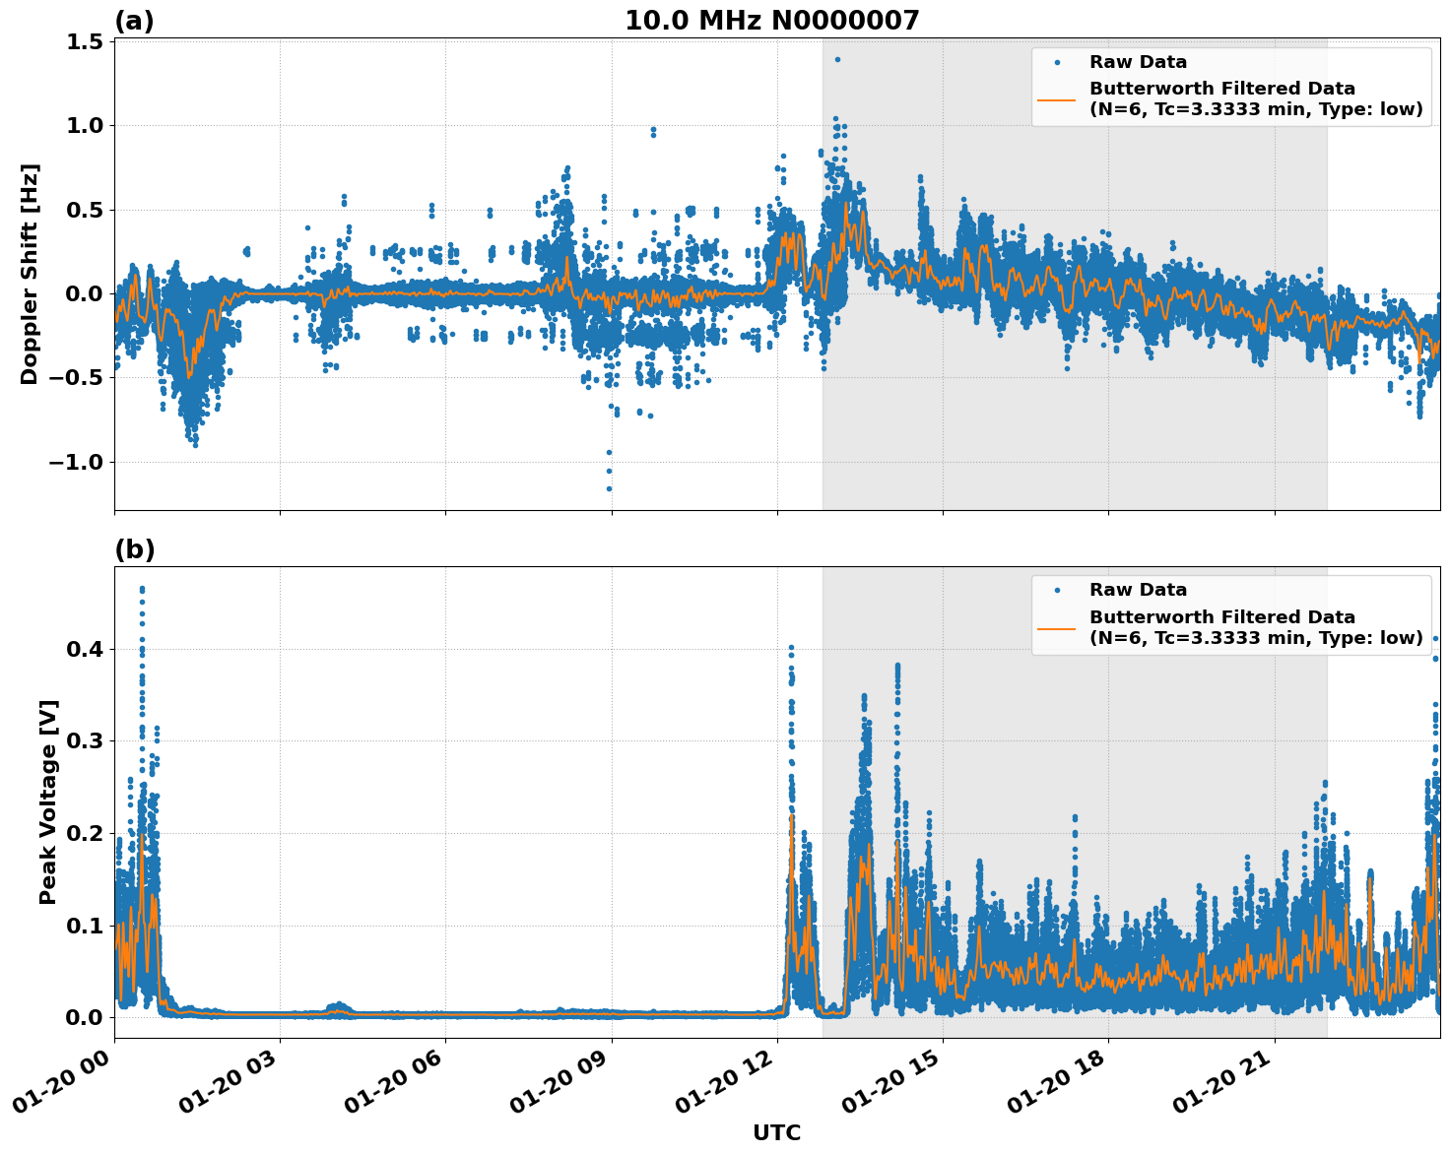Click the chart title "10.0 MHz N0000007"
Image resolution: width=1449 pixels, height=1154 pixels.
pyautogui.click(x=771, y=21)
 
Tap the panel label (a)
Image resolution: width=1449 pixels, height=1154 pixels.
pyautogui.click(x=134, y=21)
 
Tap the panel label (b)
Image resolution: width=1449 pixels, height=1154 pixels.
pyautogui.click(x=134, y=549)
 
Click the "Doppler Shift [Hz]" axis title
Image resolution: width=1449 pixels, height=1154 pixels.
pyautogui.click(x=30, y=274)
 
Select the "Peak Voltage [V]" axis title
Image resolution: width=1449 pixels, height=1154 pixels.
pyautogui.click(x=48, y=801)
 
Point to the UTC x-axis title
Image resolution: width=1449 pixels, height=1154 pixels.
pyautogui.click(x=776, y=1132)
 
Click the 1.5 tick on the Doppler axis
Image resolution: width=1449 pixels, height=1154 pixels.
pyautogui.click(x=86, y=41)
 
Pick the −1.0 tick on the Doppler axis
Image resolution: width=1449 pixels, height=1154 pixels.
pyautogui.click(x=79, y=462)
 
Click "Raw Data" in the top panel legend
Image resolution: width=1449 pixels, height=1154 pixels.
pyautogui.click(x=1138, y=62)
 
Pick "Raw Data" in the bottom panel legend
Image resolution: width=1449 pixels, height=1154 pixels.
pyautogui.click(x=1138, y=590)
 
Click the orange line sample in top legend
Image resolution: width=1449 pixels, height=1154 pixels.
pyautogui.click(x=1056, y=98)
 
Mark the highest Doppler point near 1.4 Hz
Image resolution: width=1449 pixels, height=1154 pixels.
pyautogui.click(x=837, y=59)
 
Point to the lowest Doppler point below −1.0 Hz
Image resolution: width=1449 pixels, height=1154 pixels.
pyautogui.click(x=609, y=488)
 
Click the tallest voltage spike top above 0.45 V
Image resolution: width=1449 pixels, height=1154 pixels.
pyautogui.click(x=142, y=589)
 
